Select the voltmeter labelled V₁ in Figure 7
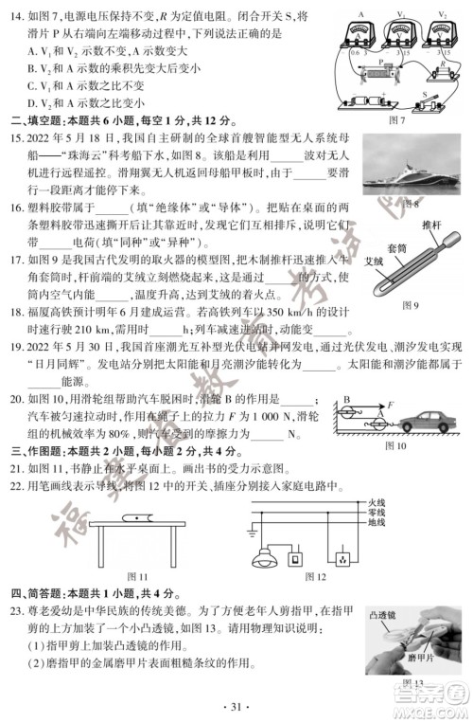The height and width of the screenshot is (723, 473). [399, 30]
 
